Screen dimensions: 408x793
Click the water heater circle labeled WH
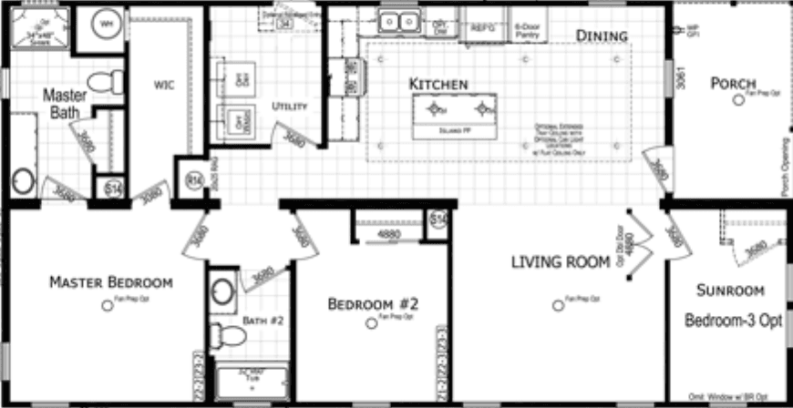[x=108, y=23]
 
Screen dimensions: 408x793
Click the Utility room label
[x=290, y=107]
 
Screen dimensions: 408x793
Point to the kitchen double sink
[x=399, y=20]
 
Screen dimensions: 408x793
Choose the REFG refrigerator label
[x=481, y=27]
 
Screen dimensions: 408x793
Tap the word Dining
[x=602, y=36]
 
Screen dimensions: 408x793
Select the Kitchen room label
[x=438, y=84]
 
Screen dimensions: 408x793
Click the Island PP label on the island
[x=454, y=131]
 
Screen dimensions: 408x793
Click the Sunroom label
[x=729, y=291]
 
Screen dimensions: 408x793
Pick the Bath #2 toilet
[x=234, y=339]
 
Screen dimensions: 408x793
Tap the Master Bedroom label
[x=110, y=280]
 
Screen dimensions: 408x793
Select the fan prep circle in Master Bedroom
[x=108, y=306]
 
